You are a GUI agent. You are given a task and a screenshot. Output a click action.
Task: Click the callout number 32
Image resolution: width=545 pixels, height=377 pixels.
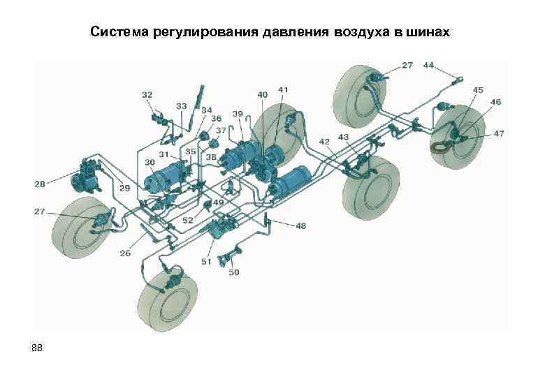click(x=147, y=94)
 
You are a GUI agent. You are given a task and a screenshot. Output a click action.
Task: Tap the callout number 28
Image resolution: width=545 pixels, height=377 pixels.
click(x=39, y=184)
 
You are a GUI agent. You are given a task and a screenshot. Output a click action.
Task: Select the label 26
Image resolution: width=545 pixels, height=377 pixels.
click(x=125, y=253)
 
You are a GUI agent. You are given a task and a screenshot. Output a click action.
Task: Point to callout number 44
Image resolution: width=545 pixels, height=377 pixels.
click(x=428, y=65)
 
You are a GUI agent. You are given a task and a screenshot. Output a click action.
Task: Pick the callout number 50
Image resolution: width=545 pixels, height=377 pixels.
click(x=233, y=272)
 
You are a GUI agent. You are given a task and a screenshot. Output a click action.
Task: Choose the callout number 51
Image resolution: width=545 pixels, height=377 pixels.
click(x=206, y=261)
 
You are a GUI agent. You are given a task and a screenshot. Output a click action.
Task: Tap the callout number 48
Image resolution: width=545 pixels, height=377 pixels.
click(x=300, y=226)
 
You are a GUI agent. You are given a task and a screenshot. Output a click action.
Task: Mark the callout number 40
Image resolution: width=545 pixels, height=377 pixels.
click(x=262, y=94)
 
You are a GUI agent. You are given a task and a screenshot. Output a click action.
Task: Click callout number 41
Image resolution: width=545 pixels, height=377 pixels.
click(x=282, y=90)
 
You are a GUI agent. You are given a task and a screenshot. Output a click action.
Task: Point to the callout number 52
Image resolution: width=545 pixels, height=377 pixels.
click(x=188, y=220)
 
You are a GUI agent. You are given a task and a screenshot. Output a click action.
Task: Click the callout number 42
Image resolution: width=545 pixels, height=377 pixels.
click(x=325, y=142)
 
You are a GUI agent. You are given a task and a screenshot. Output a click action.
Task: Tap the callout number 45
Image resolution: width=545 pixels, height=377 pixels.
click(x=478, y=90)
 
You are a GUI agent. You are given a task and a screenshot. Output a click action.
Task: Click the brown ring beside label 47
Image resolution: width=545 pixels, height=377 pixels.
click(x=440, y=147)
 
